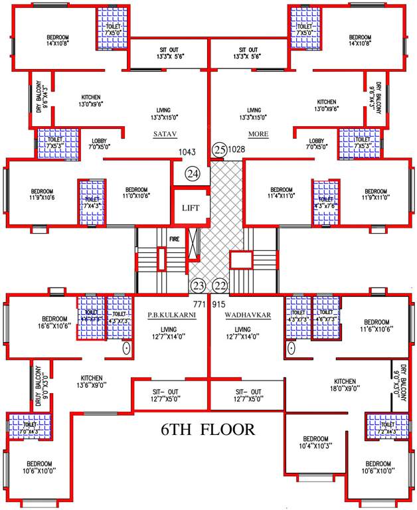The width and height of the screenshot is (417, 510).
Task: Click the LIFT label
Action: (191, 208)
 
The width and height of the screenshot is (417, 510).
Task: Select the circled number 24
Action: (193, 175)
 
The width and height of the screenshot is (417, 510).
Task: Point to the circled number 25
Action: (219, 150)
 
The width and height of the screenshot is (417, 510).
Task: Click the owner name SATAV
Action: (163, 133)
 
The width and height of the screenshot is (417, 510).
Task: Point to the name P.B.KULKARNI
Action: (172, 315)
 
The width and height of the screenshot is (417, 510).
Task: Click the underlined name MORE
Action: (258, 133)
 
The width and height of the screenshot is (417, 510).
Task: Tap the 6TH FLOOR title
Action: (208, 430)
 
